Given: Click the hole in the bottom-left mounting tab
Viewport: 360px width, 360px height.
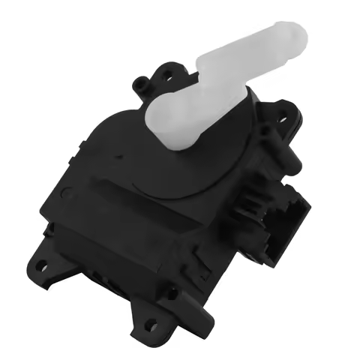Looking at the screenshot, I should (x=41, y=264).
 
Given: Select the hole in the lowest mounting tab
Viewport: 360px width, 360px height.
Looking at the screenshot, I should (x=151, y=325).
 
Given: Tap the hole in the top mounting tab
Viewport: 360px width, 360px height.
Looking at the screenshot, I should (x=166, y=74).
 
